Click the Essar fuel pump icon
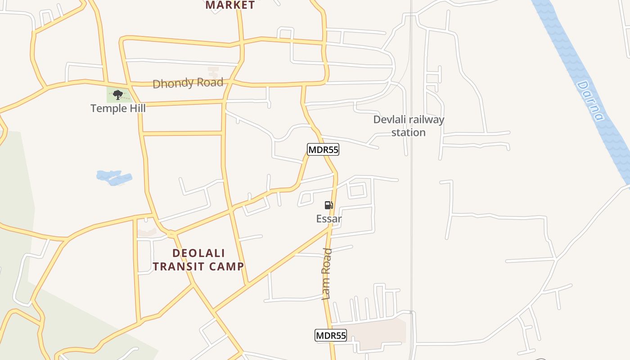click(329, 206)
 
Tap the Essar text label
click(329, 219)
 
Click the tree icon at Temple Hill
click(118, 94)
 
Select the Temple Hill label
click(118, 108)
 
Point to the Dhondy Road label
click(188, 83)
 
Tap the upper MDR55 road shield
click(323, 150)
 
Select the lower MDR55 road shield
click(330, 335)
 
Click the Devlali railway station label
click(409, 126)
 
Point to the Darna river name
click(590, 101)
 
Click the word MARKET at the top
click(230, 5)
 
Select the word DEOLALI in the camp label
click(198, 253)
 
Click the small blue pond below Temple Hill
click(114, 177)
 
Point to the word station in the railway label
click(409, 133)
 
